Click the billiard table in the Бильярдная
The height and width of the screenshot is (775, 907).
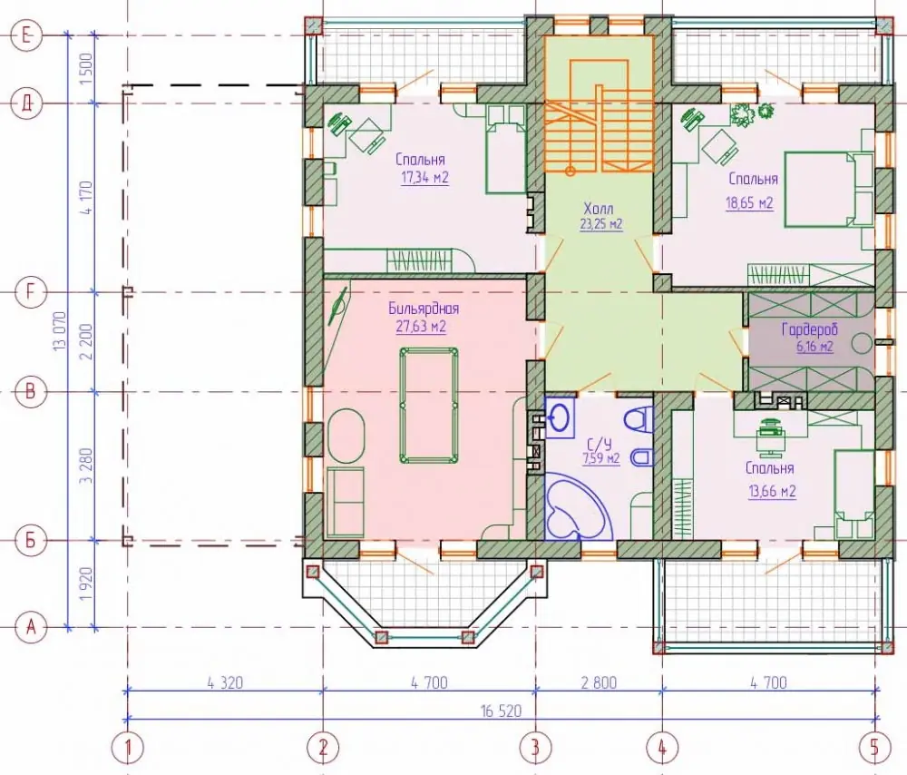click(x=429, y=405)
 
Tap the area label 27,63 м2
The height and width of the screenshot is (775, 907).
click(x=421, y=327)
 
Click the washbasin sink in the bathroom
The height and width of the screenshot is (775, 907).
click(x=560, y=417)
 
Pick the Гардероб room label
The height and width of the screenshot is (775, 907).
click(x=810, y=330)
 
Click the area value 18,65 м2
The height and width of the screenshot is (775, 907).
click(x=749, y=203)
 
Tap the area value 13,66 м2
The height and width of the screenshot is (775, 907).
click(x=772, y=492)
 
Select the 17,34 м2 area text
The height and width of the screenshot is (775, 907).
click(x=424, y=178)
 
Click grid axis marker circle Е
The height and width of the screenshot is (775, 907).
click(x=26, y=36)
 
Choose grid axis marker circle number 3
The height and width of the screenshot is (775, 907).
click(x=536, y=748)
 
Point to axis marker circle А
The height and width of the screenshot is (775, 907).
click(x=31, y=627)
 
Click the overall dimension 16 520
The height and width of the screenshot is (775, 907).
click(x=501, y=711)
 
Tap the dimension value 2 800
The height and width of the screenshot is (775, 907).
click(x=598, y=682)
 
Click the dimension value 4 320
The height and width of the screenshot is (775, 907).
click(x=224, y=682)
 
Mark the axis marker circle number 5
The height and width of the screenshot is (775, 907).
click(x=874, y=748)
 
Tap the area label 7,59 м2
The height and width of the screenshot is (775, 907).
click(x=601, y=459)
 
